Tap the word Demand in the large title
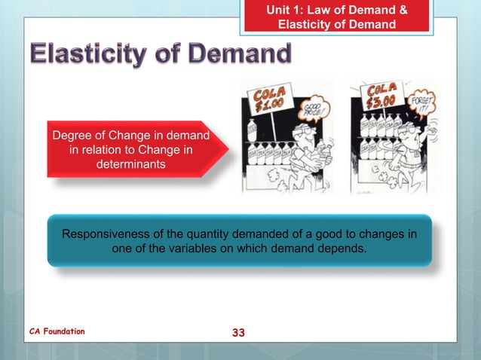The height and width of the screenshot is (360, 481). click(x=239, y=55)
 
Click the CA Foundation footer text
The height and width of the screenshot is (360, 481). click(x=57, y=331)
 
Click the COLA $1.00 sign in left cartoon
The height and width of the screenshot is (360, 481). click(x=270, y=97)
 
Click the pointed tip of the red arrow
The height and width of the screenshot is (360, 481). click(x=228, y=149)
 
